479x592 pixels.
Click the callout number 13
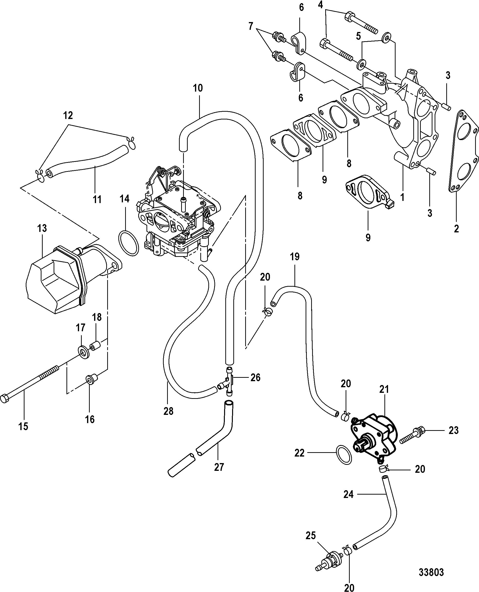pyautogui.click(x=42, y=228)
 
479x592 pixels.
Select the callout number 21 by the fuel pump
pyautogui.click(x=384, y=389)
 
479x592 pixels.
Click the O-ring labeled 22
pyautogui.click(x=344, y=454)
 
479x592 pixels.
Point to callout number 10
pyautogui.click(x=198, y=88)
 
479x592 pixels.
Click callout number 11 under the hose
pyautogui.click(x=97, y=199)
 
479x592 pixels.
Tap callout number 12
pyautogui.click(x=68, y=115)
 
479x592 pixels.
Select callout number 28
pyautogui.click(x=168, y=419)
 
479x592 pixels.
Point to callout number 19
pyautogui.click(x=295, y=257)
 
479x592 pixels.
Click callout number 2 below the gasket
pyautogui.click(x=456, y=229)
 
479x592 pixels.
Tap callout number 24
pyautogui.click(x=349, y=494)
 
